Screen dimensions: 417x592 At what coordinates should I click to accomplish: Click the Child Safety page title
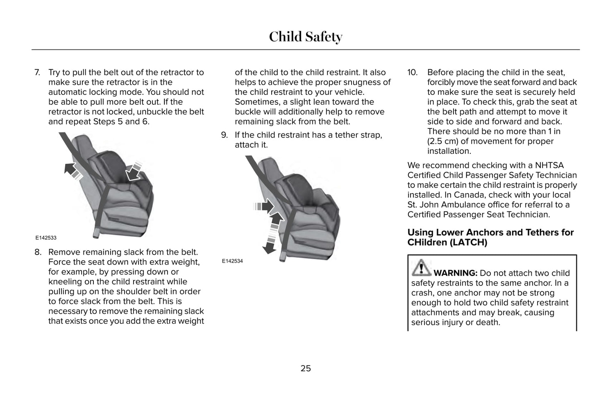[305, 37]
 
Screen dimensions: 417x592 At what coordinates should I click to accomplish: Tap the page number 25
[306, 368]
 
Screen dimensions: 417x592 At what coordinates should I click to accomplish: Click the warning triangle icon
[421, 268]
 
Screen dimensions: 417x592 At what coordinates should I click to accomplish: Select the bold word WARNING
[455, 273]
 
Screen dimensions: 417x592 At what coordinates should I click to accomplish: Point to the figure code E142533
[45, 238]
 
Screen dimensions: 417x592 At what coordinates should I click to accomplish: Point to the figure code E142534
[232, 261]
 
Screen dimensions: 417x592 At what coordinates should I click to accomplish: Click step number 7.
[37, 72]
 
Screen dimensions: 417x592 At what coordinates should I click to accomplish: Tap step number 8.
[38, 252]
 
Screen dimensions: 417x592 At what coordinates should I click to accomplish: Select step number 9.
[224, 135]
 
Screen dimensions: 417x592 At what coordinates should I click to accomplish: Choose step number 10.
[412, 72]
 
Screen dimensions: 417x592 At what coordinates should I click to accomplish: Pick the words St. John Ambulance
[444, 205]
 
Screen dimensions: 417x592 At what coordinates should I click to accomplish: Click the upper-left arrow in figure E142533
[72, 170]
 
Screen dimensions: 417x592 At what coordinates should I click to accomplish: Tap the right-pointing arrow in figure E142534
[264, 206]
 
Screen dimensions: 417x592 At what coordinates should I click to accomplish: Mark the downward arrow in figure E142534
[269, 245]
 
